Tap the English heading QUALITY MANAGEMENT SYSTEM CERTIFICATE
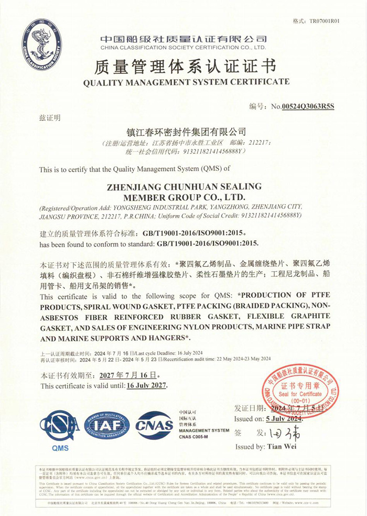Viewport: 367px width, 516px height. [x=186, y=82]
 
